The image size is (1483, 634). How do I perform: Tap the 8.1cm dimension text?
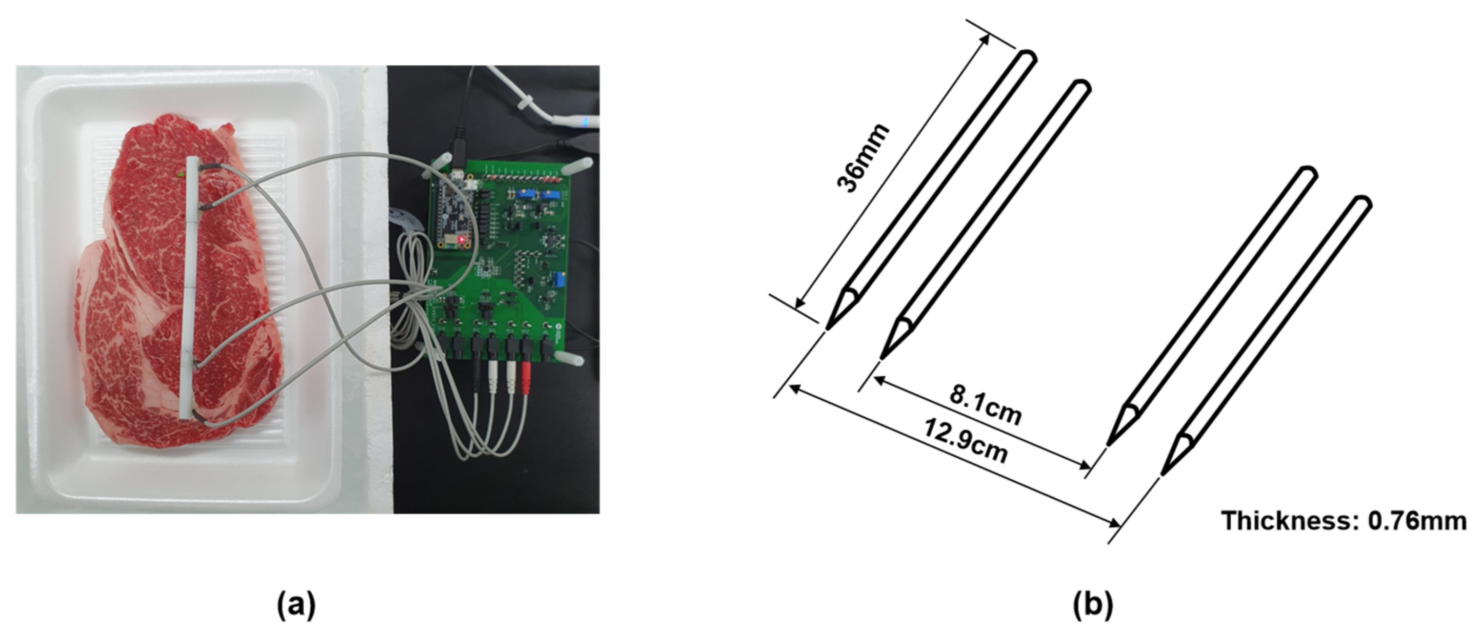985,406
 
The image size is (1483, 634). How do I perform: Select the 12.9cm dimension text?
966,441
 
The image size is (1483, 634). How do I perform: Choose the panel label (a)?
296,605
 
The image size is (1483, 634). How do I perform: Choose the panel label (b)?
1093,605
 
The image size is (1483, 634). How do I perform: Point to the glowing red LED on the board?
461,239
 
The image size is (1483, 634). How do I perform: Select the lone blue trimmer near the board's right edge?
558,281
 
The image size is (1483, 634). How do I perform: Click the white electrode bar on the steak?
190,288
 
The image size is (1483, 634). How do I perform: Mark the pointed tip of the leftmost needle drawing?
828,329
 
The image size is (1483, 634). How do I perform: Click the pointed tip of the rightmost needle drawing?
1163,474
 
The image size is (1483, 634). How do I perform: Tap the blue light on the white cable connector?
585,121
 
